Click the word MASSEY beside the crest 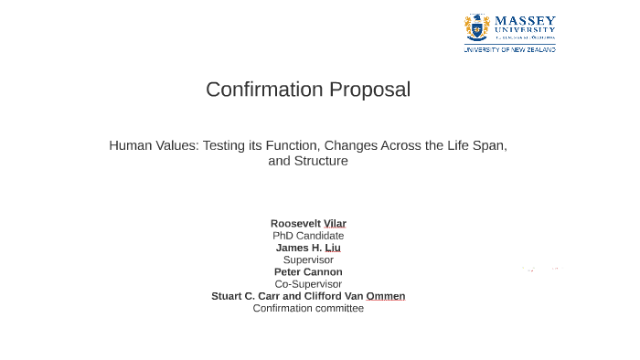tap(525, 20)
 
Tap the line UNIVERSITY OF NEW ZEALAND tap(509, 49)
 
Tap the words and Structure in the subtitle tap(308, 161)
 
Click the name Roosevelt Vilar tap(308, 223)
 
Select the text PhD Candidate tap(308, 236)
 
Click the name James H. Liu tap(308, 248)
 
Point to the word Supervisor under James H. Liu tap(308, 259)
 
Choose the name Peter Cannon tap(308, 271)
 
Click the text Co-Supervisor tap(308, 284)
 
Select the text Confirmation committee tap(308, 308)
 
